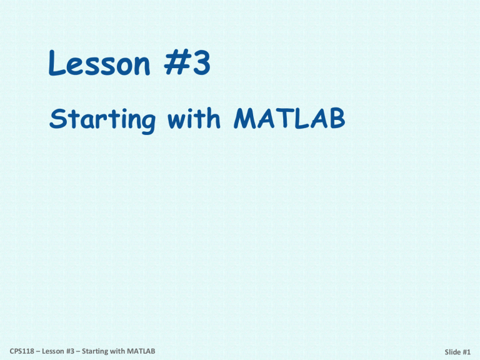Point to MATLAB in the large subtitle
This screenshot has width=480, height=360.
pos(287,118)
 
